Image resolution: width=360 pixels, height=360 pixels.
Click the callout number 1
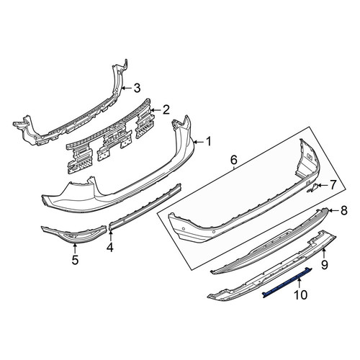[208, 142]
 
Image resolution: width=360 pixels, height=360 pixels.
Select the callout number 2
[166, 109]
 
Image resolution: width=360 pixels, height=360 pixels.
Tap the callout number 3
[137, 88]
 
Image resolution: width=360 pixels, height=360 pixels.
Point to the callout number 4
[110, 247]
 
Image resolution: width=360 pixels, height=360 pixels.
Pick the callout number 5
[75, 260]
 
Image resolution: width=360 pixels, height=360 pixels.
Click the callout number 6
[233, 160]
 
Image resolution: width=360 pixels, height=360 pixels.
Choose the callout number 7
[333, 185]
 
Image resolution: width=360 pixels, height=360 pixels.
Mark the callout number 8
[344, 210]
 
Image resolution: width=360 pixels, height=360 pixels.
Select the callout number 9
[324, 265]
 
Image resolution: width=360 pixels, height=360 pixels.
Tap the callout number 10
[300, 294]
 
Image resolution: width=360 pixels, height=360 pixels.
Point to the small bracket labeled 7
[312, 187]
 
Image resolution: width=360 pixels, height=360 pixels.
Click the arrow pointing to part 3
[126, 89]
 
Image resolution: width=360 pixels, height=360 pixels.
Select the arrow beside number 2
[156, 110]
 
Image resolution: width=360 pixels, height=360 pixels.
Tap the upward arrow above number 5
[75, 248]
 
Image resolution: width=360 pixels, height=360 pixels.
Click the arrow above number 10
[300, 282]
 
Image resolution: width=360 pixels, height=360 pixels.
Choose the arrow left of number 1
[198, 143]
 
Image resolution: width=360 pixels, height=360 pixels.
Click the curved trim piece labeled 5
[74, 236]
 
